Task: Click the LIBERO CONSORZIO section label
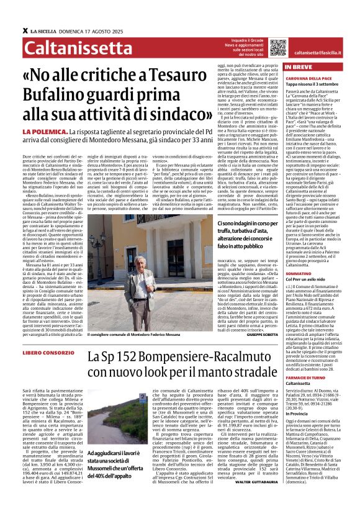tap(63, 353)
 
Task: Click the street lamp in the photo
tap(96, 238)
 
